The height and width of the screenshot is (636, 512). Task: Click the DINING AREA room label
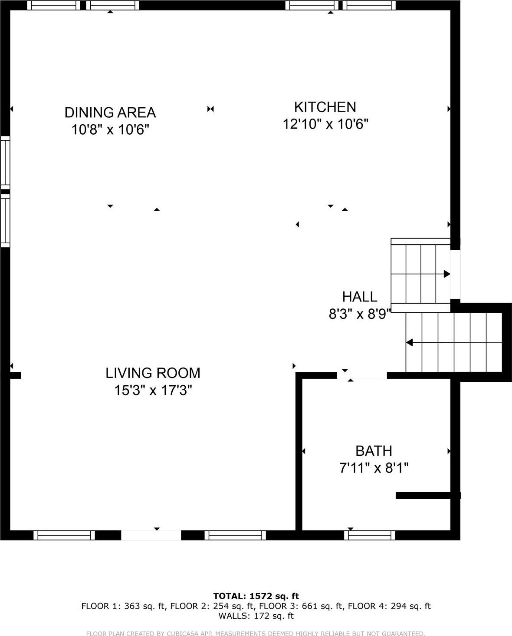click(x=110, y=113)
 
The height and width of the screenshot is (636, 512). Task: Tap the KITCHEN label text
click(x=325, y=107)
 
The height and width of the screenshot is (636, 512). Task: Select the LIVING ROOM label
click(x=153, y=373)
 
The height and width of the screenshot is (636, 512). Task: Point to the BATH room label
click(x=374, y=451)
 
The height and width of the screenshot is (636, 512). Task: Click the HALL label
click(x=360, y=297)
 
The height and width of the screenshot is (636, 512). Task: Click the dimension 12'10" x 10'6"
click(x=325, y=124)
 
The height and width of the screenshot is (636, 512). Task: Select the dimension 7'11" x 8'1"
click(x=374, y=468)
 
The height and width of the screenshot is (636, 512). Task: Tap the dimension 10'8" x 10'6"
click(x=110, y=129)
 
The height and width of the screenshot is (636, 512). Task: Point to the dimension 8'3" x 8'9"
click(x=360, y=314)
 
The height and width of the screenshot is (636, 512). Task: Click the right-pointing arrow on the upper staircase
click(x=446, y=274)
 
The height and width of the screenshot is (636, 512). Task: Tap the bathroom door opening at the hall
click(x=362, y=375)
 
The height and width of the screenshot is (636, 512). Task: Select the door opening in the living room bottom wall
click(x=151, y=535)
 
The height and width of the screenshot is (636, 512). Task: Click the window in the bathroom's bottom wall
click(x=370, y=535)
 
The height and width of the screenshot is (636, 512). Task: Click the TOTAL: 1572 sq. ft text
click(x=256, y=596)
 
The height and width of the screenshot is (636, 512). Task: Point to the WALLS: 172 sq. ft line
click(x=256, y=616)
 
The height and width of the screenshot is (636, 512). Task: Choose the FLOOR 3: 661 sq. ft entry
click(x=299, y=606)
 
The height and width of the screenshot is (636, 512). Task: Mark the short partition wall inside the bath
click(x=427, y=495)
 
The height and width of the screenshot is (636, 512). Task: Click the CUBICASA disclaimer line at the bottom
click(x=256, y=633)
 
